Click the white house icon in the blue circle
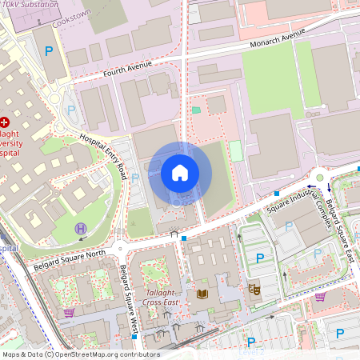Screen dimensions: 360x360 tap(180, 173)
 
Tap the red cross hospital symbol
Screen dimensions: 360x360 tap(5, 122)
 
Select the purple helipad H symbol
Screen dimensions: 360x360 tap(80, 229)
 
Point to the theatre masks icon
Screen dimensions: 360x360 tap(254, 289)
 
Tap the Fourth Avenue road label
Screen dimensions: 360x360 tap(128, 72)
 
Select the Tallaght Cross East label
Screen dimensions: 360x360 tap(159, 298)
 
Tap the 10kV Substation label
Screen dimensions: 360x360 tap(30, 5)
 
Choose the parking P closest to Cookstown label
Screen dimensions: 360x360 tap(49, 51)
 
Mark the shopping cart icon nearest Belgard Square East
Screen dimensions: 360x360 tap(320, 297)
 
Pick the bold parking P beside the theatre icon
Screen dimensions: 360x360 tap(259, 258)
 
